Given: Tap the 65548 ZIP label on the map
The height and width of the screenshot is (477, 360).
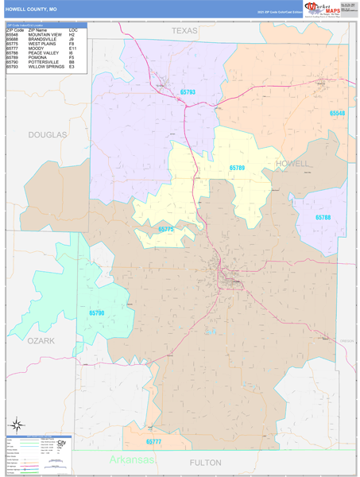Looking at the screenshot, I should click(x=338, y=114).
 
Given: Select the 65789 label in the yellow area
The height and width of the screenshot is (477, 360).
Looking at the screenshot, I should click(x=238, y=168).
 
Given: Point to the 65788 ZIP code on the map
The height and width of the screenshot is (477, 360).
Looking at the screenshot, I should click(x=323, y=217).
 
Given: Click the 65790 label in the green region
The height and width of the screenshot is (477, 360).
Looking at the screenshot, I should click(x=96, y=312).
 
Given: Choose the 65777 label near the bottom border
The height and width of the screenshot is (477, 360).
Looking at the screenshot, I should click(x=154, y=441).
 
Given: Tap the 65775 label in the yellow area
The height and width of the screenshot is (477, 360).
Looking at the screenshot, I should click(x=166, y=229).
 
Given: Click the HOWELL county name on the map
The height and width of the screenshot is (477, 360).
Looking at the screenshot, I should click(x=292, y=163).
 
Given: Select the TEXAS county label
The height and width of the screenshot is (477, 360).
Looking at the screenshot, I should click(x=184, y=30).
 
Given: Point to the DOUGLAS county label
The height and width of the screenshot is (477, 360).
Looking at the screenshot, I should click(x=48, y=135).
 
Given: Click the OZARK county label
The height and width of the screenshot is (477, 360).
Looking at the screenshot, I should click(x=41, y=340).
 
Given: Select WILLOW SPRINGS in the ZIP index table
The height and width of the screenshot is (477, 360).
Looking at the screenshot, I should click(x=46, y=67).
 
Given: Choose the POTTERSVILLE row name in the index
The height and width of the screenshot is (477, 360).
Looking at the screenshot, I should click(x=45, y=62).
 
